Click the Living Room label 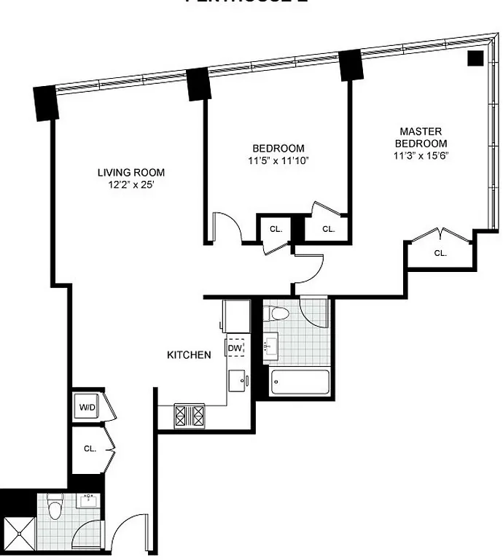(131, 173)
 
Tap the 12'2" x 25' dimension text (131, 185)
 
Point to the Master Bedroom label (420, 137)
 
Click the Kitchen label (190, 355)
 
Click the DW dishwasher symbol (235, 349)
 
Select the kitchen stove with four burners (190, 416)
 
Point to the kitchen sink (236, 381)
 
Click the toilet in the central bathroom (277, 314)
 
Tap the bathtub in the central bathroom (299, 383)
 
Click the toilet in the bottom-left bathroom (55, 506)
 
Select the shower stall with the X (19, 534)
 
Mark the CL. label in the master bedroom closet (440, 253)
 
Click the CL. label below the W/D (89, 449)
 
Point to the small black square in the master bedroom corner (475, 59)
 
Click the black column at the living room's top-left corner (45, 104)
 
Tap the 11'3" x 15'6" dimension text (420, 155)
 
